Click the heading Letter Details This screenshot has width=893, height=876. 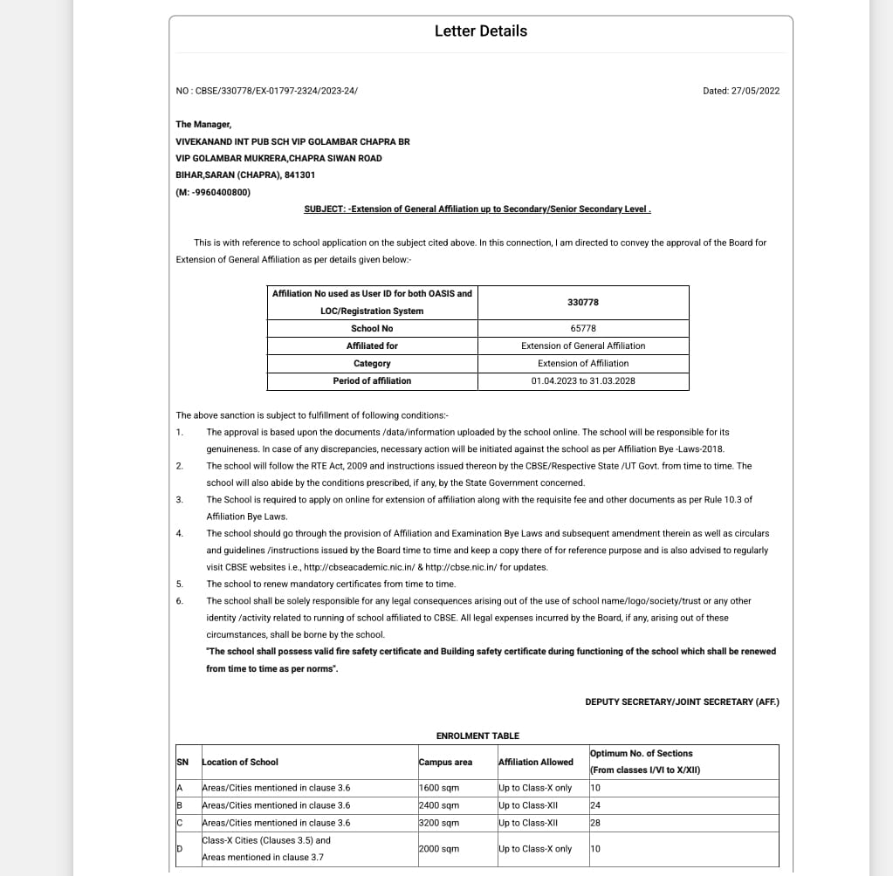tap(481, 31)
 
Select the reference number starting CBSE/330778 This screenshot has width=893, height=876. tap(266, 91)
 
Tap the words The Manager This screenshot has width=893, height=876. tap(203, 125)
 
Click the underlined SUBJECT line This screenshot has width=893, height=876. tap(477, 209)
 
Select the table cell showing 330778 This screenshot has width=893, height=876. tap(583, 302)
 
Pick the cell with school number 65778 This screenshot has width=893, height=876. tap(583, 328)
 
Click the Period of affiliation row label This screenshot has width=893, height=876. tap(372, 380)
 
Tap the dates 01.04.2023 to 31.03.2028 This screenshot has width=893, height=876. tap(583, 380)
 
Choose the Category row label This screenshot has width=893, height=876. tap(372, 363)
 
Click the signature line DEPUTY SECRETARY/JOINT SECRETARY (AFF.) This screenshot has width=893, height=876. tap(682, 701)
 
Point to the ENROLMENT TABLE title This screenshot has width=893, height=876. tap(477, 736)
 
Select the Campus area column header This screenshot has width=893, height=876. tap(445, 762)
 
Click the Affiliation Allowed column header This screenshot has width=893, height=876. tap(535, 762)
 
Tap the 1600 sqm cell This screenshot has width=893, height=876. tap(439, 788)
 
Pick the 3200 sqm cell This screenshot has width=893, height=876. tap(439, 823)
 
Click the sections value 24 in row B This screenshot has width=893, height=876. tap(595, 805)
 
